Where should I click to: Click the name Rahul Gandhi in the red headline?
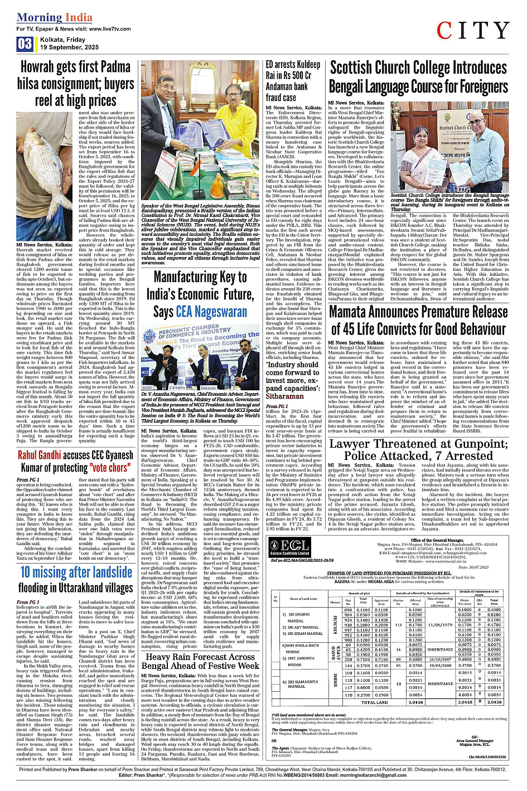point(38,455)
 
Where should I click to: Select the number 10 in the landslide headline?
point(25,572)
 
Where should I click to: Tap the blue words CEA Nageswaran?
point(211,312)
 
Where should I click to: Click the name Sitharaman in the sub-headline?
point(284,396)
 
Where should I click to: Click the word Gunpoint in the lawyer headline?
point(473,444)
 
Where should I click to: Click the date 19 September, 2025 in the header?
point(69,47)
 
